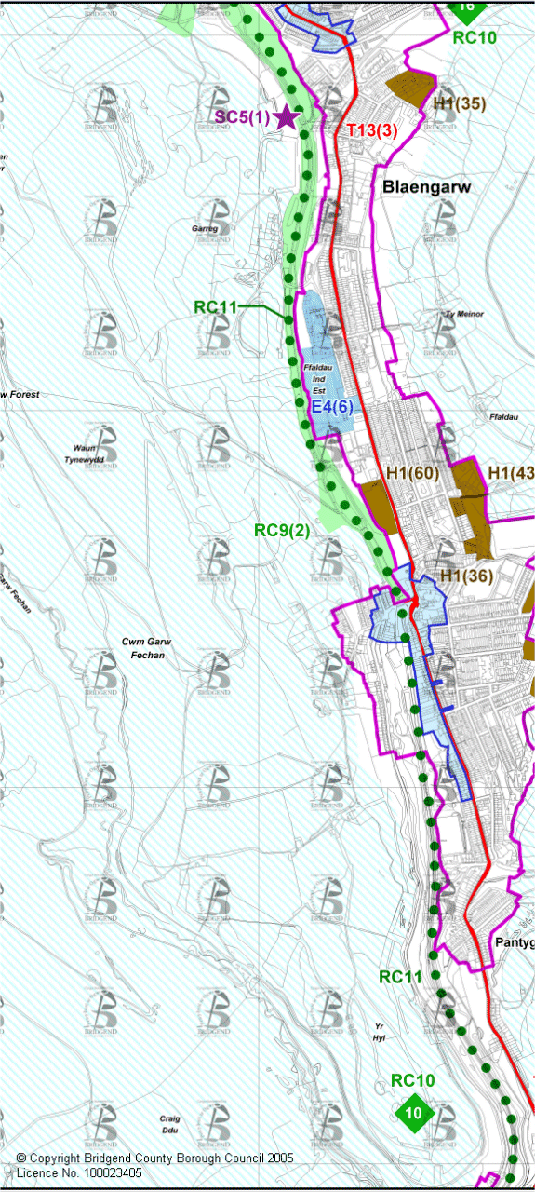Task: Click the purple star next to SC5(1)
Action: click(287, 117)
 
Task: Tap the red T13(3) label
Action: click(372, 130)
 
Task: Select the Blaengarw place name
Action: click(427, 187)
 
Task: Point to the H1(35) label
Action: click(459, 103)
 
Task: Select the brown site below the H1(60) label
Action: click(377, 503)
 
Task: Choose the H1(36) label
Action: click(466, 576)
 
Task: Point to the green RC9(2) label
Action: click(282, 530)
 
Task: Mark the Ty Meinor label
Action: click(464, 314)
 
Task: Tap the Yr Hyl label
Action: click(378, 1032)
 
